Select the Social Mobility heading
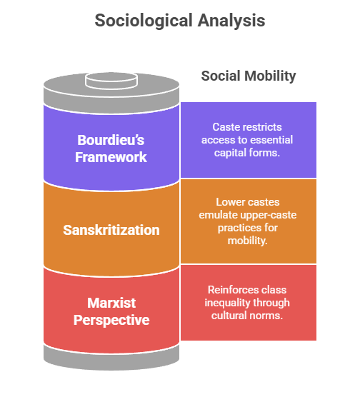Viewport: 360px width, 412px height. [x=248, y=76]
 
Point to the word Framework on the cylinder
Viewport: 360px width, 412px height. [x=111, y=156]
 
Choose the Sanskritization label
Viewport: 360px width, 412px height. [x=111, y=230]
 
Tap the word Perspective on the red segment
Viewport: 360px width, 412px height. [x=111, y=320]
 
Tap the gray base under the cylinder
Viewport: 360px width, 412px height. [x=111, y=357]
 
